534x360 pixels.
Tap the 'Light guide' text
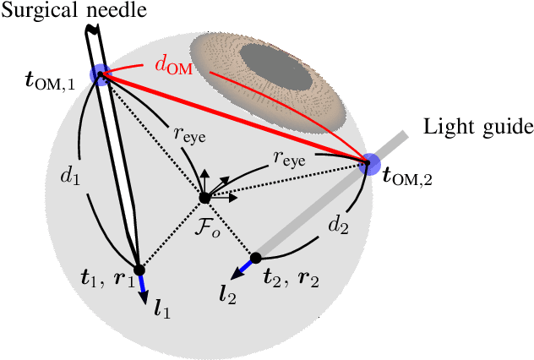(478, 127)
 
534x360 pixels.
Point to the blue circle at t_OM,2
(369, 164)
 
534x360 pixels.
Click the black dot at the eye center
(204, 199)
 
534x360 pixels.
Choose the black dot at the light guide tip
(254, 256)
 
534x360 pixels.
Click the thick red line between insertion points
(237, 119)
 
